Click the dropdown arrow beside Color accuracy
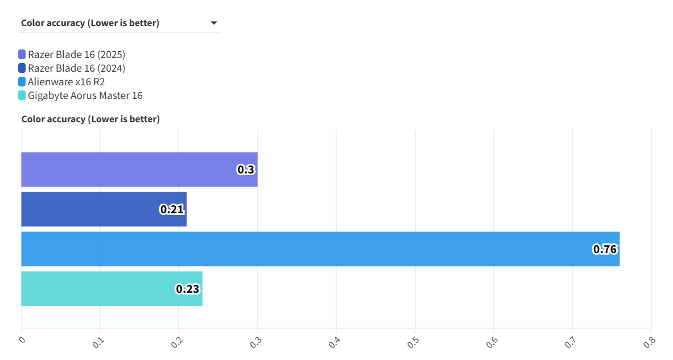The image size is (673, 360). click(214, 23)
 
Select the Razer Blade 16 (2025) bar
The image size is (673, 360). click(139, 169)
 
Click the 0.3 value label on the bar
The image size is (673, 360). click(246, 169)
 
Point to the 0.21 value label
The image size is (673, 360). click(172, 209)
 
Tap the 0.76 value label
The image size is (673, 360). click(605, 249)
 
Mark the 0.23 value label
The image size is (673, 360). click(188, 289)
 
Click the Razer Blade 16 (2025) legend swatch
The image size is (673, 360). click(22, 55)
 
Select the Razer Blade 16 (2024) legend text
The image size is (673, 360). click(76, 68)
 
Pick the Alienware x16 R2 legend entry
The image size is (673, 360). click(66, 82)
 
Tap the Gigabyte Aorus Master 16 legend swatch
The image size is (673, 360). click(22, 96)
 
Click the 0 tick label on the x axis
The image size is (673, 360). click(22, 340)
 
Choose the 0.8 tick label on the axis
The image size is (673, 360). click(649, 341)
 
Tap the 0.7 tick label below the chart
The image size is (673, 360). click(571, 341)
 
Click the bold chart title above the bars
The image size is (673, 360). click(90, 119)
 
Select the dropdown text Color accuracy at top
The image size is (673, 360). click(90, 23)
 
